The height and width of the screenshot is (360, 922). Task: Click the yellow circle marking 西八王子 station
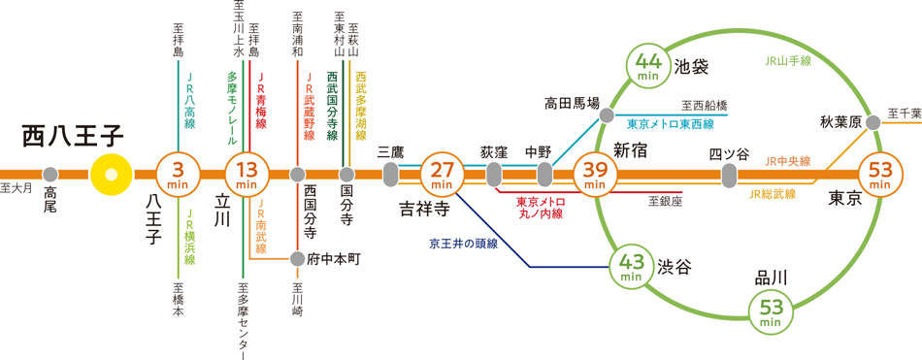[x=111, y=175]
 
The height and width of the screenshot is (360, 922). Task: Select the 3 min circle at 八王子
[x=177, y=175]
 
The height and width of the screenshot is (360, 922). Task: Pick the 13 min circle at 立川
[x=247, y=175]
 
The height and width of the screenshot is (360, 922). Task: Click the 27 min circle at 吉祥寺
[x=442, y=175]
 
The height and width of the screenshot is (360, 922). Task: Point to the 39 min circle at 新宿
[x=595, y=175]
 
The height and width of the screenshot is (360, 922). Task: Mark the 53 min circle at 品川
[x=771, y=311]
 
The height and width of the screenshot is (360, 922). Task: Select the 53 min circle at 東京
[x=879, y=175]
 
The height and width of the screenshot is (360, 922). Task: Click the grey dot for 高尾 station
[x=50, y=175]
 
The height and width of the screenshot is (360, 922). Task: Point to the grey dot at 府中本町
[x=297, y=259]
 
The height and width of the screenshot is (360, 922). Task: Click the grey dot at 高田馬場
[x=607, y=115]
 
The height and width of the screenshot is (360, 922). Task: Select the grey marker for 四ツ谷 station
[x=729, y=175]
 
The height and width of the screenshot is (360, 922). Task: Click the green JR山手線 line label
[x=787, y=60]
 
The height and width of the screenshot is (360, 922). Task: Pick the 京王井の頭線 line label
[x=463, y=244]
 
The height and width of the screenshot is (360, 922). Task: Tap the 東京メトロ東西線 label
[x=671, y=124]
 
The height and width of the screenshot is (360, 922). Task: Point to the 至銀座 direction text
[x=665, y=201]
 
